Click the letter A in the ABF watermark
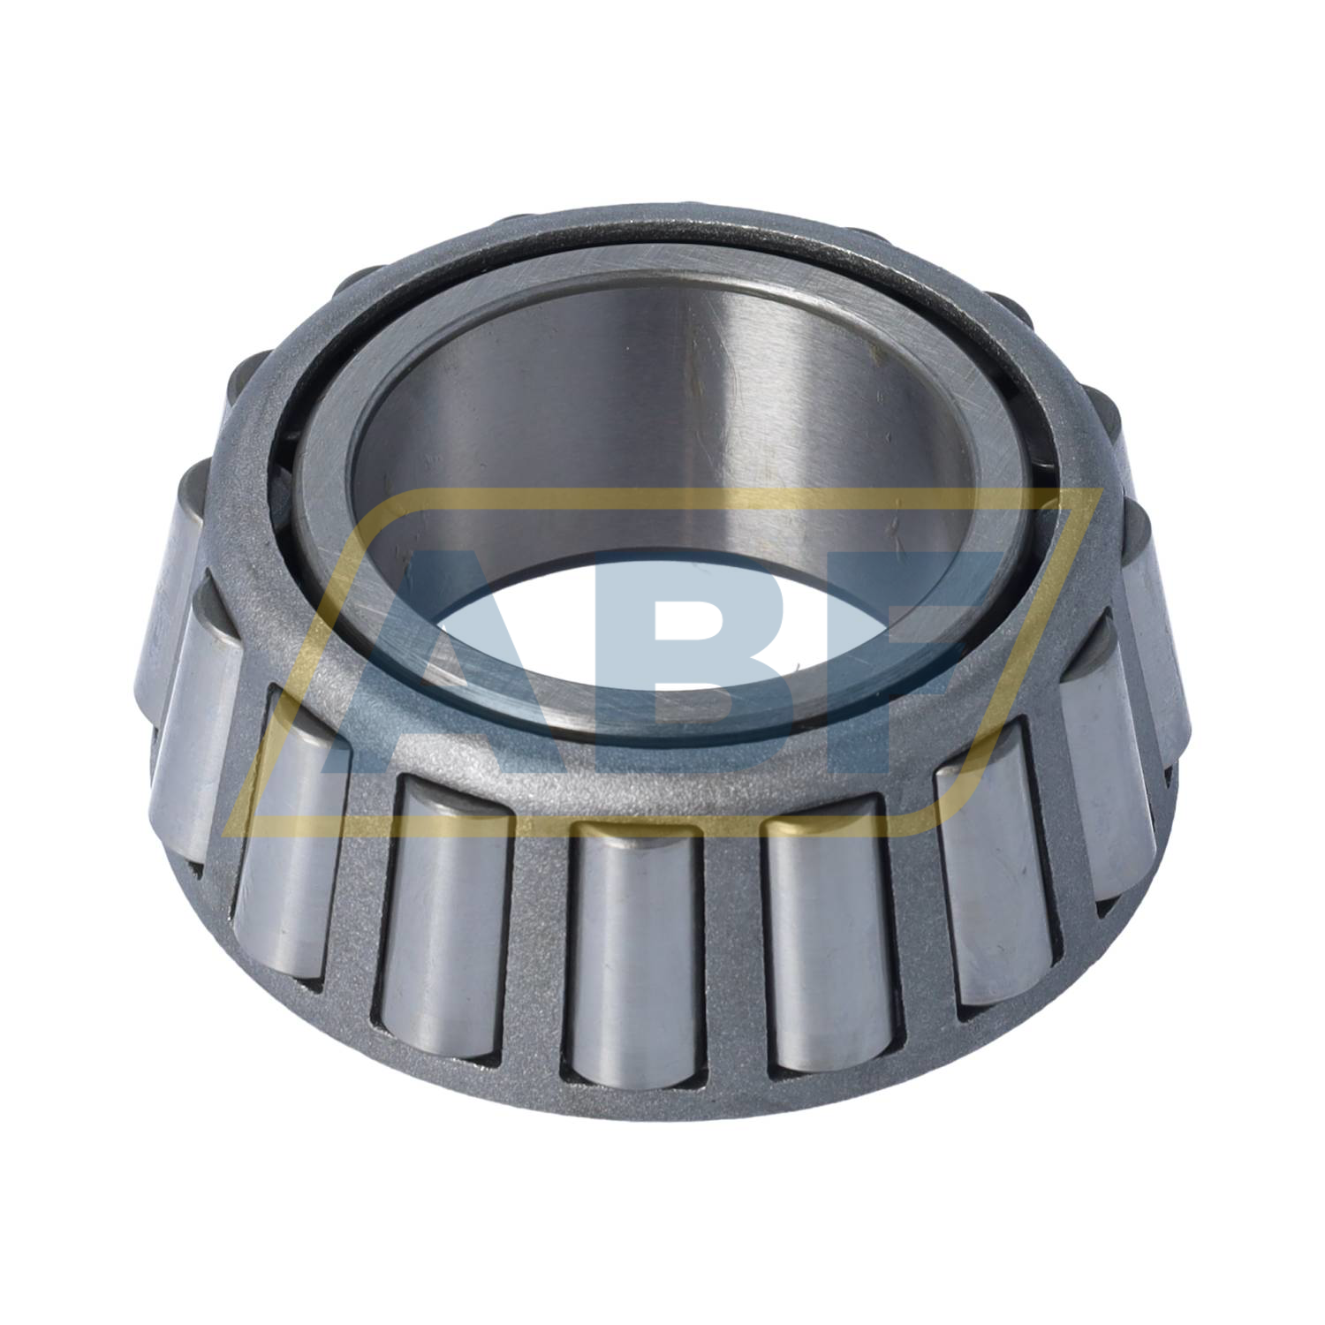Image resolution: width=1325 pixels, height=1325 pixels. (x=459, y=662)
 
